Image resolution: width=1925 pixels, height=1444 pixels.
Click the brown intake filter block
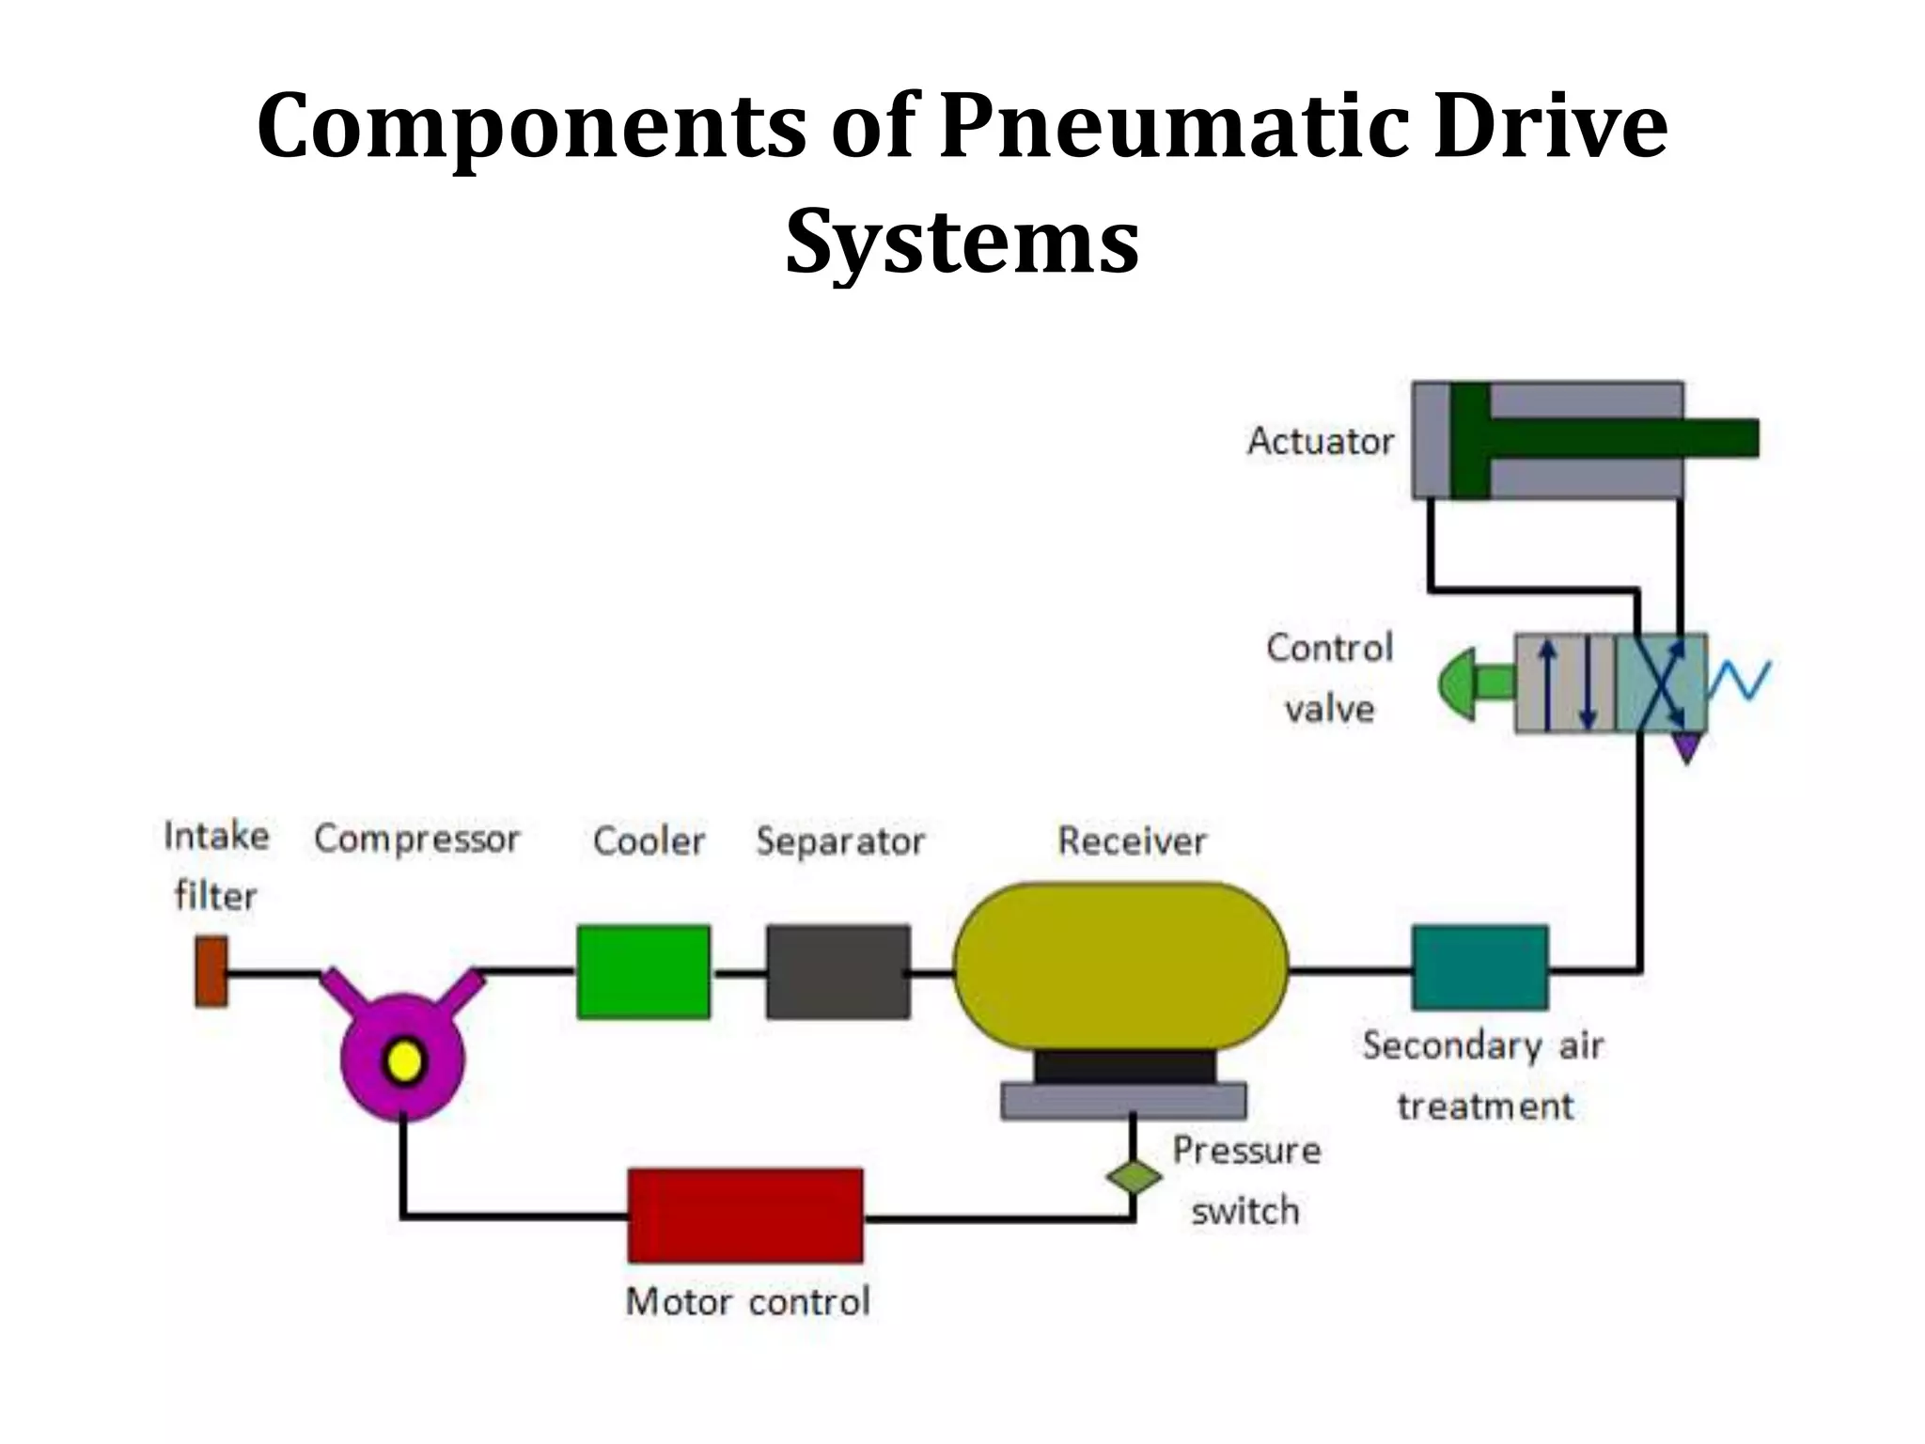(x=211, y=971)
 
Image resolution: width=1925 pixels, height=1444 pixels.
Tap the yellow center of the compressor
(x=404, y=1062)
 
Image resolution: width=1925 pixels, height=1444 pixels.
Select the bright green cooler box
(x=644, y=971)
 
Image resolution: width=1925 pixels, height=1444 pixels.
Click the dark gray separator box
(x=838, y=971)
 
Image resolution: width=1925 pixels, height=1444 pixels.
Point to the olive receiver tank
(x=1120, y=965)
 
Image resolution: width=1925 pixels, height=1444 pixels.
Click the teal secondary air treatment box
(x=1480, y=967)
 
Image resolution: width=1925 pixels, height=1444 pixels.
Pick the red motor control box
(x=745, y=1215)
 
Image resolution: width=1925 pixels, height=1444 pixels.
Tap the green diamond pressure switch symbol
(x=1134, y=1177)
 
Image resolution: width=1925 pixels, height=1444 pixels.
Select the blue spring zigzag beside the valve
(x=1740, y=681)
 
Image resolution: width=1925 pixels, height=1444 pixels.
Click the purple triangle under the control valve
(x=1687, y=747)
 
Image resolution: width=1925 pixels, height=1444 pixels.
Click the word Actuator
(x=1321, y=441)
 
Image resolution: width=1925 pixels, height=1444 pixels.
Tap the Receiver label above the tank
(x=1132, y=840)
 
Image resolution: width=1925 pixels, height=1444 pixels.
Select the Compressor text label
(x=416, y=839)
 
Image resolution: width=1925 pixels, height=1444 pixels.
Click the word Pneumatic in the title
(x=1179, y=126)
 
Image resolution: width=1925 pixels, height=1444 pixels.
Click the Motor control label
(x=747, y=1302)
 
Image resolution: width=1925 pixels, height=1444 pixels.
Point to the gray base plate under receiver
(x=1123, y=1100)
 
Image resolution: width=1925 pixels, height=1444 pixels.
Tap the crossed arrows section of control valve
(x=1661, y=683)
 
